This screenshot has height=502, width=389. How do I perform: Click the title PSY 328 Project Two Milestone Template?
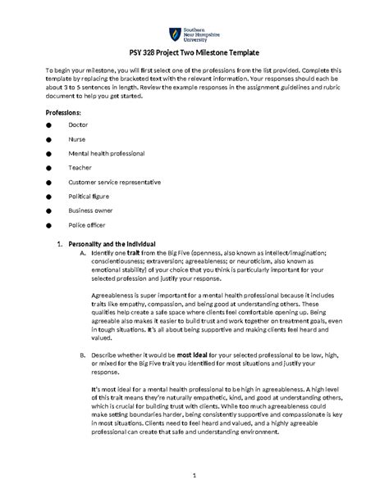(194, 52)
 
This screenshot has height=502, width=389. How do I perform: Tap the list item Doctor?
(79, 124)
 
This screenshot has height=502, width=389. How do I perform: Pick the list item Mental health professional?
(106, 153)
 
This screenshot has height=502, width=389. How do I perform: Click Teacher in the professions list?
(80, 167)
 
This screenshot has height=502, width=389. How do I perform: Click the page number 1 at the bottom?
(194, 474)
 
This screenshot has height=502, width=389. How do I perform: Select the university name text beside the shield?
(197, 34)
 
